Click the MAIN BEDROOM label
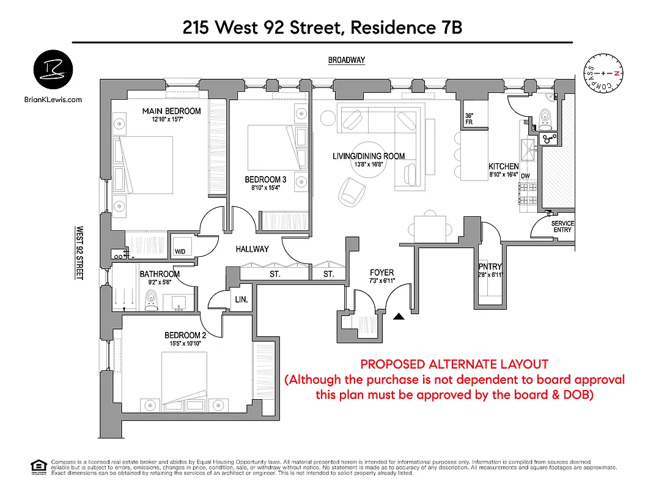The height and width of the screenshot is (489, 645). pos(171,111)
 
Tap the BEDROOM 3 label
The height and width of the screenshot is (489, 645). pos(265,179)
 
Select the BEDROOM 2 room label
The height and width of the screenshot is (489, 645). pos(184,335)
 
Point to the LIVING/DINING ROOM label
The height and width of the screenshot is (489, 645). pos(368,156)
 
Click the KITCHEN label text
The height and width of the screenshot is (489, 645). pos(503,166)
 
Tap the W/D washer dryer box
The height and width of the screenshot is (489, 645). pos(180,251)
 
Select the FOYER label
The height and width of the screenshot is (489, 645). pos(382,273)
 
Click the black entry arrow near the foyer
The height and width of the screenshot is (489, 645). pos(399,317)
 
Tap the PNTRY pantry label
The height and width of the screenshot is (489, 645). pos(490,267)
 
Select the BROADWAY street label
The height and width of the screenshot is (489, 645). pos(346,60)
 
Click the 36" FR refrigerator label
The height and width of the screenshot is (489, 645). pos(470,119)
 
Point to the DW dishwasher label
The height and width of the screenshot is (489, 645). pos(525,175)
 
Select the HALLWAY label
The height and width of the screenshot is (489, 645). pos(252,249)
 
